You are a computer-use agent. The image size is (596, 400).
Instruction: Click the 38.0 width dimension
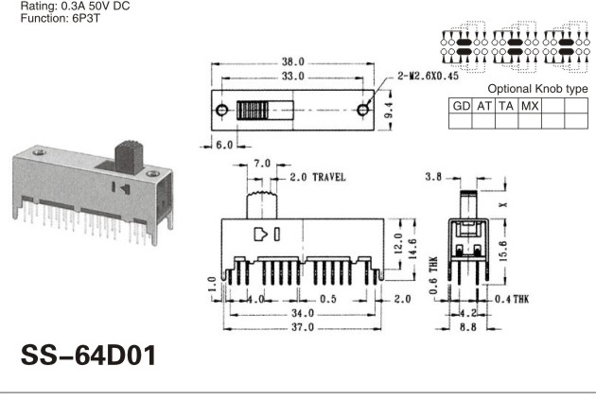(x=292, y=61)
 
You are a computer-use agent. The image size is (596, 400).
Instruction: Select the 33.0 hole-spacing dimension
(x=292, y=77)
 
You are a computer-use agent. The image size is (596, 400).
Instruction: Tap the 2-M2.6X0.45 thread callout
(x=428, y=76)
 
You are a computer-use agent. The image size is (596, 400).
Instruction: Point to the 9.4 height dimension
(x=389, y=111)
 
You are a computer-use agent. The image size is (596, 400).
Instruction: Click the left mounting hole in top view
(x=221, y=110)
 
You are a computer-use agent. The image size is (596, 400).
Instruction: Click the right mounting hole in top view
(x=363, y=110)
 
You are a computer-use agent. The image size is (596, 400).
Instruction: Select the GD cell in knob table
(x=461, y=106)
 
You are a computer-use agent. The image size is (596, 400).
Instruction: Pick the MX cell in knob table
(x=530, y=106)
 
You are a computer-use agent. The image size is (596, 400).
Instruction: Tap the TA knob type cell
(x=506, y=106)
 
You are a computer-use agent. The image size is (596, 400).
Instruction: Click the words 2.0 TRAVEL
(x=318, y=177)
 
